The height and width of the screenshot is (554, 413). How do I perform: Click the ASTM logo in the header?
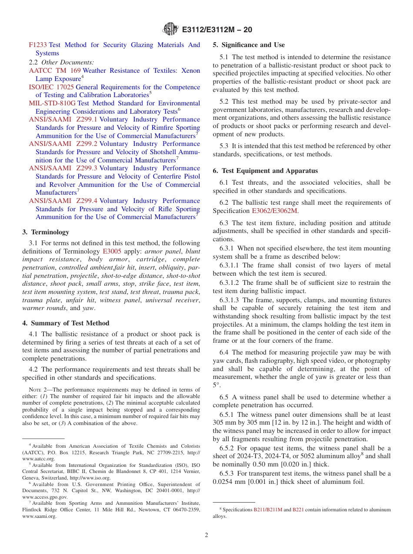(170, 29)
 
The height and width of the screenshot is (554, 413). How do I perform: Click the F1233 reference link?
(37, 45)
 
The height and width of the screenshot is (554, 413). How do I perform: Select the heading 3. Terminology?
(46, 232)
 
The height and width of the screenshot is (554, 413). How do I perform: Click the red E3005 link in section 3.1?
(112, 251)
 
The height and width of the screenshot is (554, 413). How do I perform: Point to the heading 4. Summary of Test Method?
(66, 323)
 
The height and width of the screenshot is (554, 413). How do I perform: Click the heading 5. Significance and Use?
(249, 45)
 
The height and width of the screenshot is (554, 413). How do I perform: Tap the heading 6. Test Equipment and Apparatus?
(265, 171)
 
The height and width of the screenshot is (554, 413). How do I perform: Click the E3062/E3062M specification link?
(275, 211)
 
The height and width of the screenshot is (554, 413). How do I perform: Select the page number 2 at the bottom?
(206, 535)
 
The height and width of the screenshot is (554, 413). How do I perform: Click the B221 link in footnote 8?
(298, 510)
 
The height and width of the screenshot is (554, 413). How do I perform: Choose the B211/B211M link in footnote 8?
(268, 510)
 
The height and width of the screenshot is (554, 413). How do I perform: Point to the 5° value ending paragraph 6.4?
(216, 385)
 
